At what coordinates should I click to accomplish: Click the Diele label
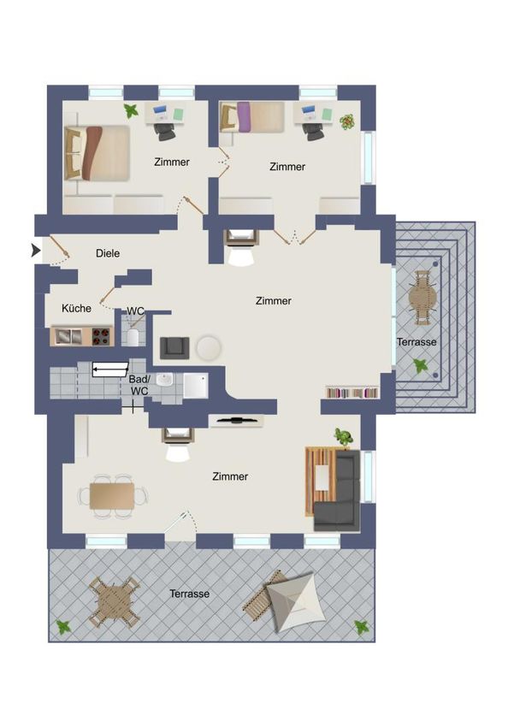click(108, 254)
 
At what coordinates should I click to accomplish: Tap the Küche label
click(76, 308)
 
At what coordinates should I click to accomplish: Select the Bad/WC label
click(139, 385)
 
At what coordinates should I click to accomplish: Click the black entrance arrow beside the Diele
click(35, 251)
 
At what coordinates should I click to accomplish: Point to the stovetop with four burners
click(101, 336)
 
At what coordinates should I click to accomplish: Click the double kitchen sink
click(69, 336)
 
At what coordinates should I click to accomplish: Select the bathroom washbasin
click(164, 381)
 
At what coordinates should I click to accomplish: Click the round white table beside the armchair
click(209, 348)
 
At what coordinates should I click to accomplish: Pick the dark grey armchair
click(174, 348)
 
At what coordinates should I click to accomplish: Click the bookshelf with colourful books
click(352, 393)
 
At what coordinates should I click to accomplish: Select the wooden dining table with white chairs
click(113, 496)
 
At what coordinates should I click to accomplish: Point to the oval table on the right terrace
click(422, 298)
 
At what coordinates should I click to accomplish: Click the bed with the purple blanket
click(251, 117)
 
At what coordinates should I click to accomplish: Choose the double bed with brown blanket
click(97, 152)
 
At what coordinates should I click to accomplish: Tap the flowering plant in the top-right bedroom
click(346, 121)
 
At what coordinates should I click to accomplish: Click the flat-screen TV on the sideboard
click(237, 421)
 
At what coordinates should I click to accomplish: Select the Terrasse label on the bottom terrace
click(189, 594)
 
